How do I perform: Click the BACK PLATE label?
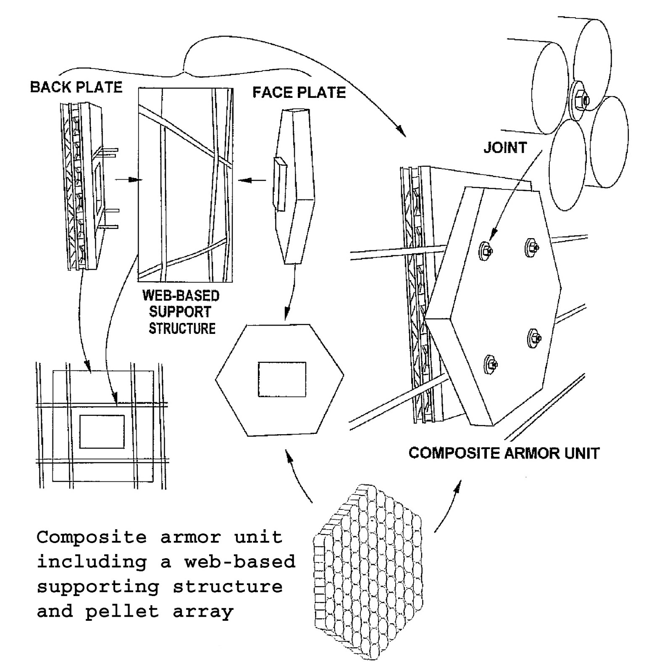click(x=76, y=87)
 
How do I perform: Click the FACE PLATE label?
click(x=299, y=92)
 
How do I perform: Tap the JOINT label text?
click(x=505, y=148)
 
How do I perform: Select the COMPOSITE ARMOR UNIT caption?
click(x=504, y=453)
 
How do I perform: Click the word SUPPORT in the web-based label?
click(x=180, y=312)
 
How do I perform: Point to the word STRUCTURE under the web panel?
click(x=182, y=328)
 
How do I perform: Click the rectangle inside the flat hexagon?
click(x=282, y=379)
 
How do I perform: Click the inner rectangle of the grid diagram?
click(x=102, y=431)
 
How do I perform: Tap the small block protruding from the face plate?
click(x=280, y=184)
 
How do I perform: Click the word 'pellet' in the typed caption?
click(x=122, y=612)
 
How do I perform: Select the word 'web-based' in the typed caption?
click(x=240, y=562)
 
